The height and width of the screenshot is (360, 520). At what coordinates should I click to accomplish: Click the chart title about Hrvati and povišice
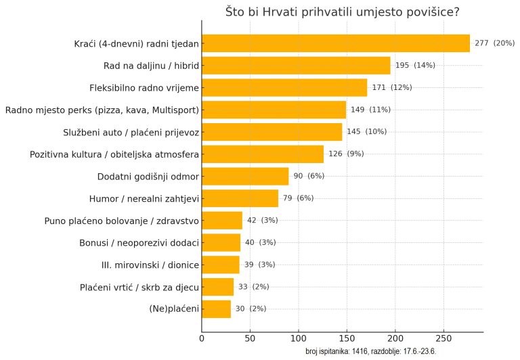[342, 12]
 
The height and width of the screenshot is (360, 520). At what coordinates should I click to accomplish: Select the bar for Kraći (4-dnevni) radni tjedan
[335, 43]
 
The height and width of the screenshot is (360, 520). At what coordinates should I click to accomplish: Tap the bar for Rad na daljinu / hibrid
[296, 66]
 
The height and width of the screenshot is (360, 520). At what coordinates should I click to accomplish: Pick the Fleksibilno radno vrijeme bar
[284, 87]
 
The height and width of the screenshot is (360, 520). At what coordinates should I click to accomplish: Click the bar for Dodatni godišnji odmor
[245, 176]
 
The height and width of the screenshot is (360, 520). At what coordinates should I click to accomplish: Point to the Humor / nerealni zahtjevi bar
[240, 198]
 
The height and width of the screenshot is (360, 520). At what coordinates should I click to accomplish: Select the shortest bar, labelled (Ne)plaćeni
[217, 309]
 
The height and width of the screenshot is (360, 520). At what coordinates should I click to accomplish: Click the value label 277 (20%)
[494, 43]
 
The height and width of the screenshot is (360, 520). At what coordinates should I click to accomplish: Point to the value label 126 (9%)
[346, 154]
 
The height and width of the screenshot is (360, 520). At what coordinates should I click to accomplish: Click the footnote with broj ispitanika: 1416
[370, 351]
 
